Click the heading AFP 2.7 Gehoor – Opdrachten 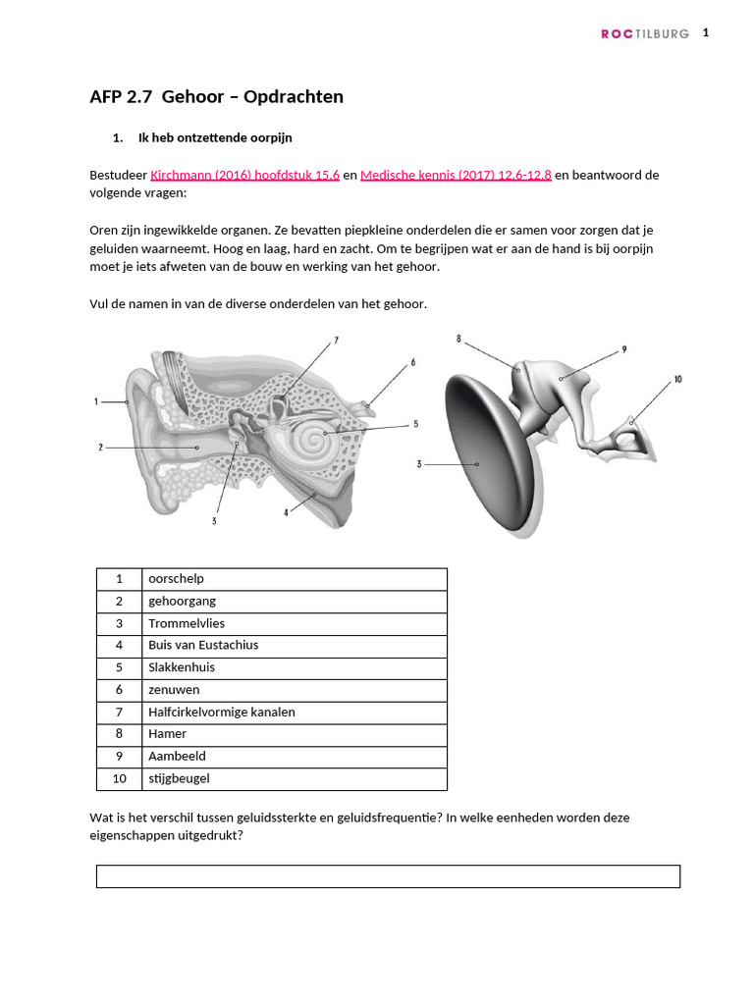click(x=216, y=96)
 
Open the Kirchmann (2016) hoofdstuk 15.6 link click(x=244, y=175)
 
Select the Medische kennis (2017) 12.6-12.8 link click(x=456, y=175)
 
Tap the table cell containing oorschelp click(x=294, y=579)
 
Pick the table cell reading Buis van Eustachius click(x=294, y=646)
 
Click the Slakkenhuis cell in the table click(x=294, y=667)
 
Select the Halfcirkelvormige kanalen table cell click(x=294, y=712)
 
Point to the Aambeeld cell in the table click(x=294, y=757)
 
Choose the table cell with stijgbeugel click(x=294, y=778)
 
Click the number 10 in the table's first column click(x=119, y=778)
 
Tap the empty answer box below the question click(x=388, y=875)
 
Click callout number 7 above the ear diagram click(x=335, y=341)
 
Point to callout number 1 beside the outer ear click(x=96, y=401)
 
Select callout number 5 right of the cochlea click(x=415, y=425)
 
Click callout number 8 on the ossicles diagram click(x=458, y=340)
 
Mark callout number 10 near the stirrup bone click(x=677, y=379)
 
